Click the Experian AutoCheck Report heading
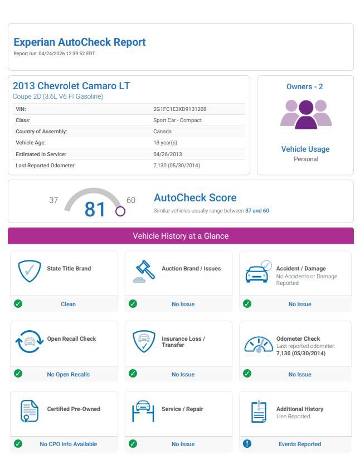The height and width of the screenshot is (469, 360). coord(80,42)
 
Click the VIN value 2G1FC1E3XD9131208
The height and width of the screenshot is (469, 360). coord(180,109)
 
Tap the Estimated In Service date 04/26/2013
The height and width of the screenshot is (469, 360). coord(167,154)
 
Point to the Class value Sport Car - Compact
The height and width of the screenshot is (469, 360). coord(177,120)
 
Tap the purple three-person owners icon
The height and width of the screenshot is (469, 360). coord(306,114)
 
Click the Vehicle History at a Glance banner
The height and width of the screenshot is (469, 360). coord(181,236)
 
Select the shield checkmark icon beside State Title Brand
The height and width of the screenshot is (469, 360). coord(30,272)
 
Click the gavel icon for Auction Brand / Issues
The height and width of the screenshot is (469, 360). coord(144,272)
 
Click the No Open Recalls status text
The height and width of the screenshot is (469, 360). coord(68,374)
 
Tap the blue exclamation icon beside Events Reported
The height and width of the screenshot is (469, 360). coord(247,444)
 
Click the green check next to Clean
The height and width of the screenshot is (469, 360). coord(18,304)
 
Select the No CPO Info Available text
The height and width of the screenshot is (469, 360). coord(68,444)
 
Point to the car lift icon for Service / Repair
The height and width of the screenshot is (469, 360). coord(143,412)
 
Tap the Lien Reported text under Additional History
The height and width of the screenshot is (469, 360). coord(293,417)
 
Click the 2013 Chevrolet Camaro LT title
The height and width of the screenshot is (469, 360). coord(71,86)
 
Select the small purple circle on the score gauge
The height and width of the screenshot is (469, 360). coord(120,211)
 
